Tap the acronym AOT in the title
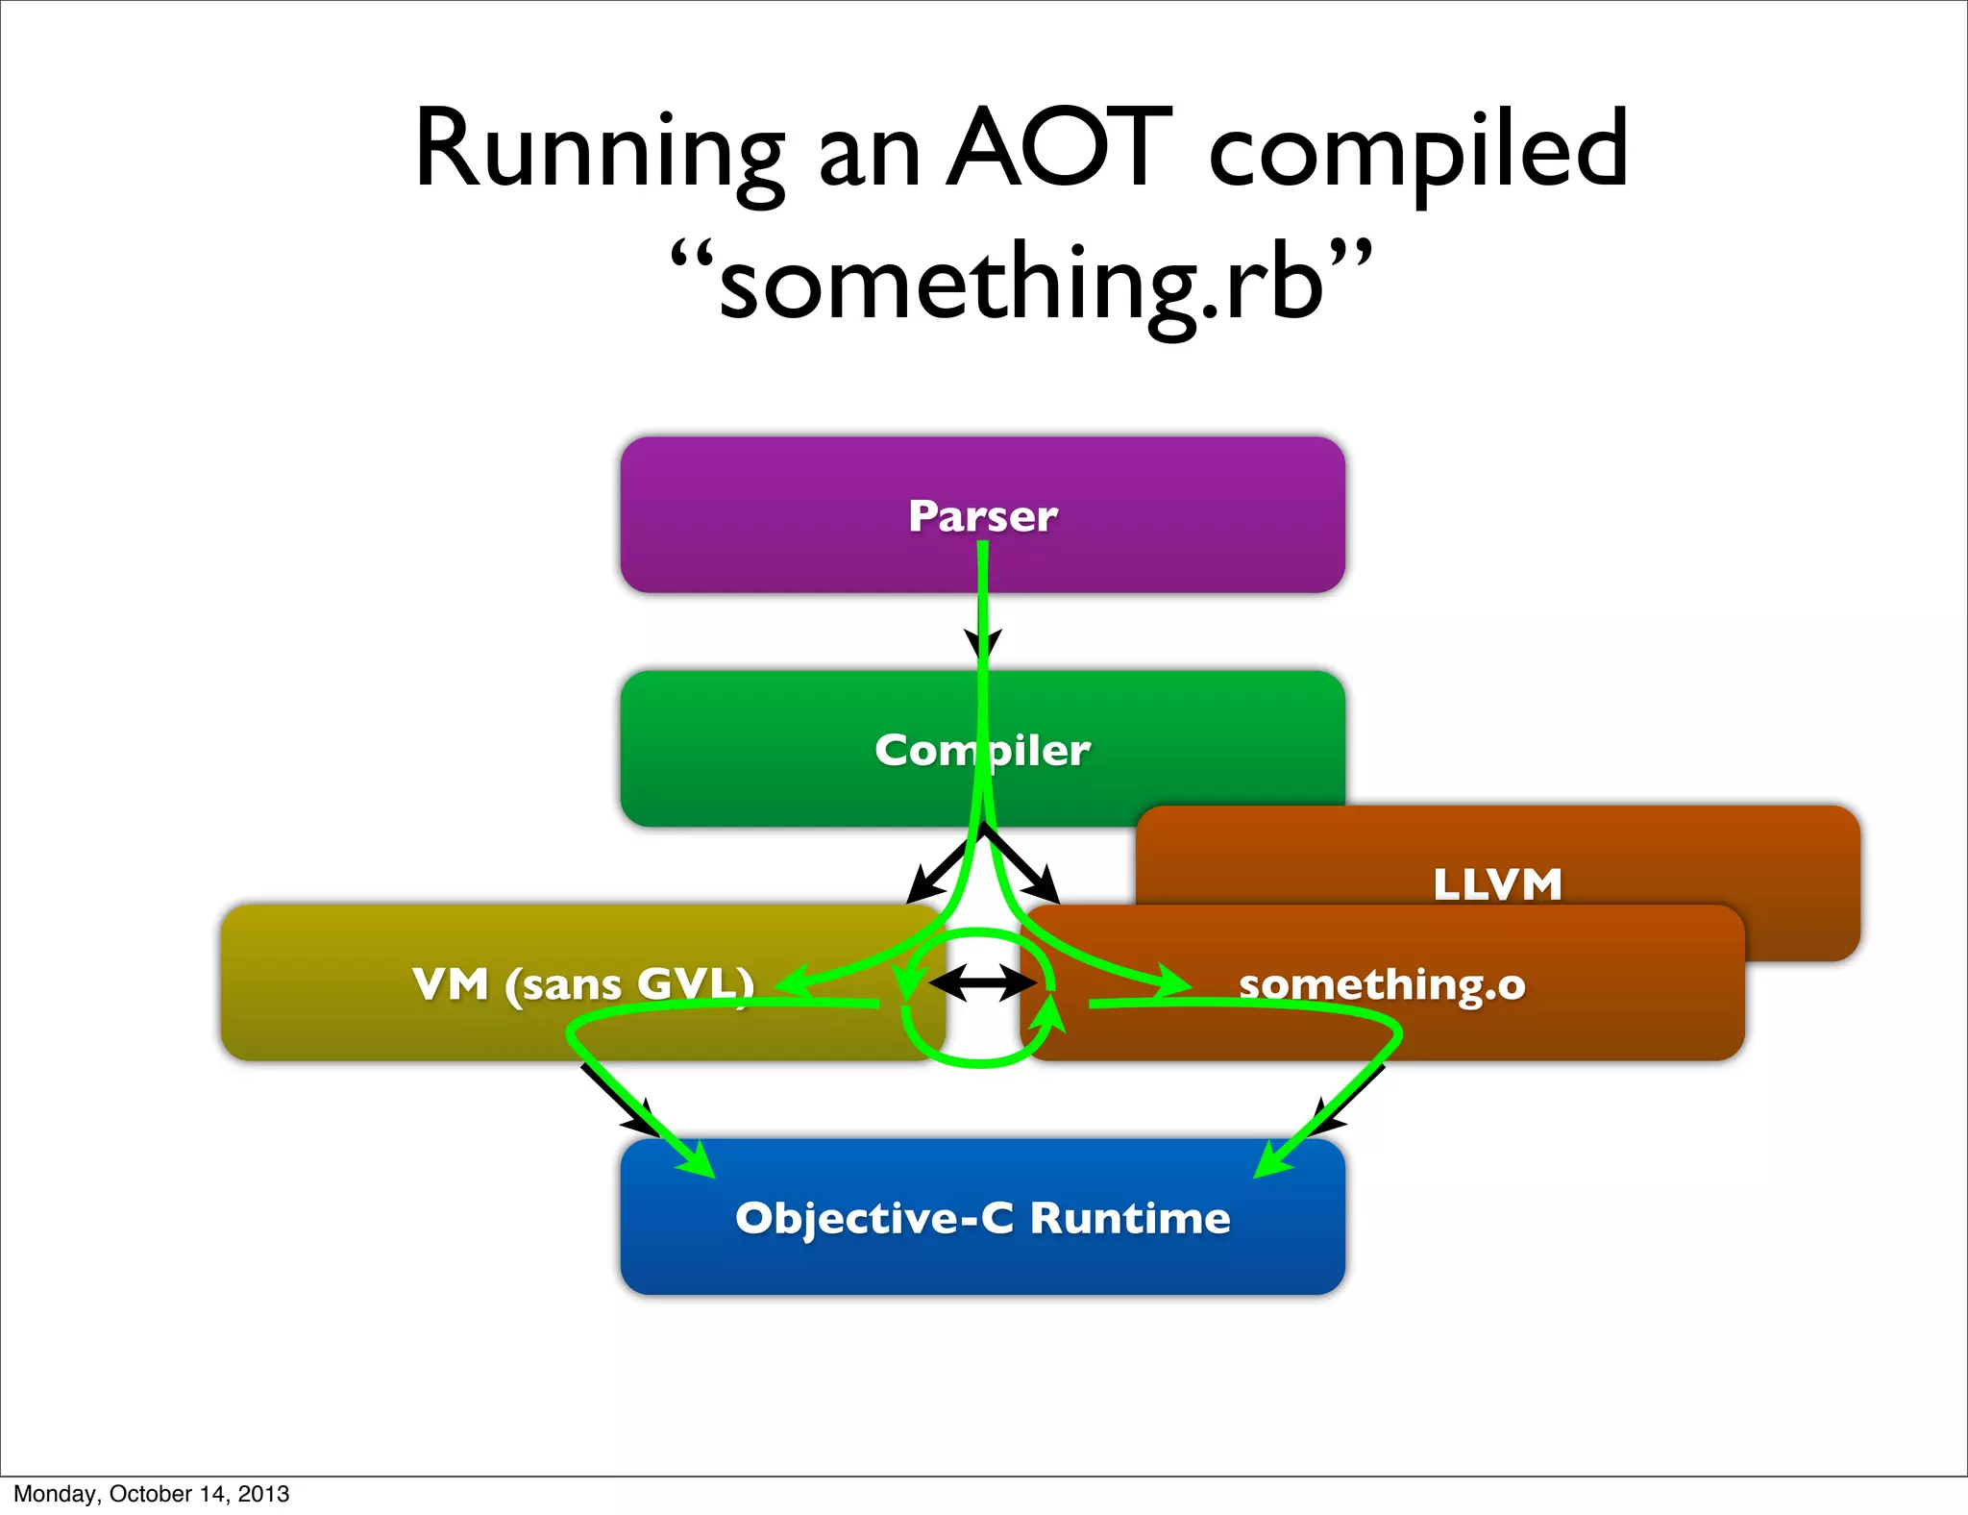click(x=1059, y=149)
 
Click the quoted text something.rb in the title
click(x=1021, y=282)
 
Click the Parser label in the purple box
click(x=983, y=516)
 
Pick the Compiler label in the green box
click(x=982, y=750)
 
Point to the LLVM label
click(x=1497, y=883)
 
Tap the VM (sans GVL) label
click(x=583, y=984)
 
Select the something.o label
click(x=1382, y=984)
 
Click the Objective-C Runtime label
click(x=982, y=1218)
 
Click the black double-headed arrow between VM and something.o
click(x=982, y=983)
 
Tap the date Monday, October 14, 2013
click(x=151, y=1494)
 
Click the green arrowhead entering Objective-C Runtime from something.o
click(x=1270, y=1161)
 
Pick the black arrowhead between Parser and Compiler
click(x=983, y=644)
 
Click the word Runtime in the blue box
click(x=1130, y=1218)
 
